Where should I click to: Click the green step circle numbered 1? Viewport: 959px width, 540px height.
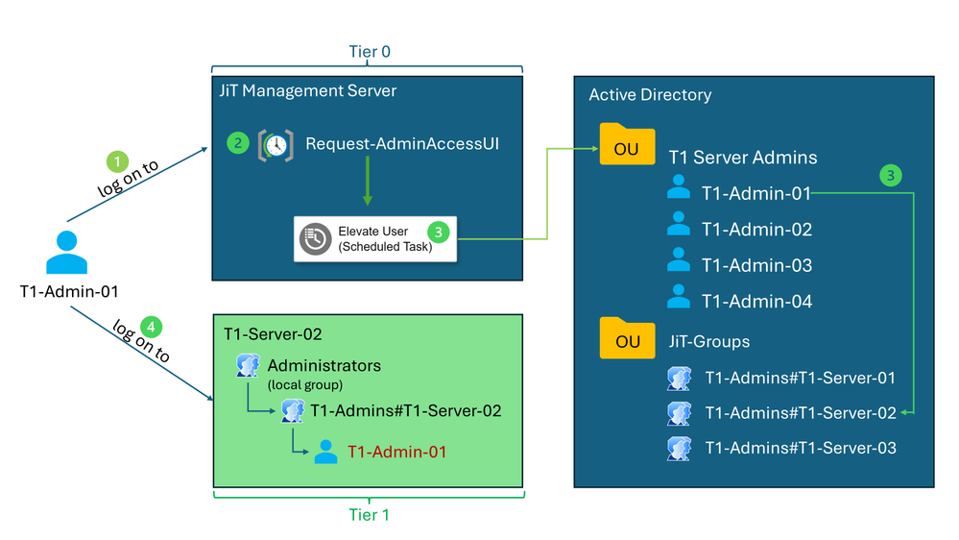pyautogui.click(x=116, y=160)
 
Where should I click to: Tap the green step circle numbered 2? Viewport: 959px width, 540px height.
pyautogui.click(x=237, y=143)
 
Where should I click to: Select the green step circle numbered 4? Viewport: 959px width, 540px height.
pyautogui.click(x=151, y=326)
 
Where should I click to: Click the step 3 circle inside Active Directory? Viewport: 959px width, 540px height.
pyautogui.click(x=890, y=175)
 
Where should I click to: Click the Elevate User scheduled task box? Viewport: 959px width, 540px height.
pyautogui.click(x=375, y=238)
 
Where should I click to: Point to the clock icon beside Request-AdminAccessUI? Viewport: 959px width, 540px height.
pyautogui.click(x=276, y=145)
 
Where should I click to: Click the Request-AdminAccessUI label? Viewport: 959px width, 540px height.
pyautogui.click(x=402, y=144)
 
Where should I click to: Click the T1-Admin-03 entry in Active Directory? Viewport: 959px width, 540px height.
pyautogui.click(x=756, y=265)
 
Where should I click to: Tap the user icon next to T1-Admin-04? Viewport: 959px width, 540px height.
pyautogui.click(x=679, y=297)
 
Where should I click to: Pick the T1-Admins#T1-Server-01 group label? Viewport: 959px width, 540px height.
pyautogui.click(x=800, y=378)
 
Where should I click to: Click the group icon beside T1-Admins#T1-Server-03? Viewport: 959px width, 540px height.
pyautogui.click(x=679, y=448)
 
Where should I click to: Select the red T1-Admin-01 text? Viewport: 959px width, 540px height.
pyautogui.click(x=396, y=452)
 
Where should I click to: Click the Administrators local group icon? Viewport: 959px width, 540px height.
pyautogui.click(x=248, y=366)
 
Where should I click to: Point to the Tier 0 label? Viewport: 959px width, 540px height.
pyautogui.click(x=368, y=52)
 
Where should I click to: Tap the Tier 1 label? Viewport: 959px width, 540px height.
pyautogui.click(x=369, y=514)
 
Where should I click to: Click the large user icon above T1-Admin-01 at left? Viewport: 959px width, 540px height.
pyautogui.click(x=66, y=253)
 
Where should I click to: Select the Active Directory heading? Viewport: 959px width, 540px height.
pyautogui.click(x=650, y=94)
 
